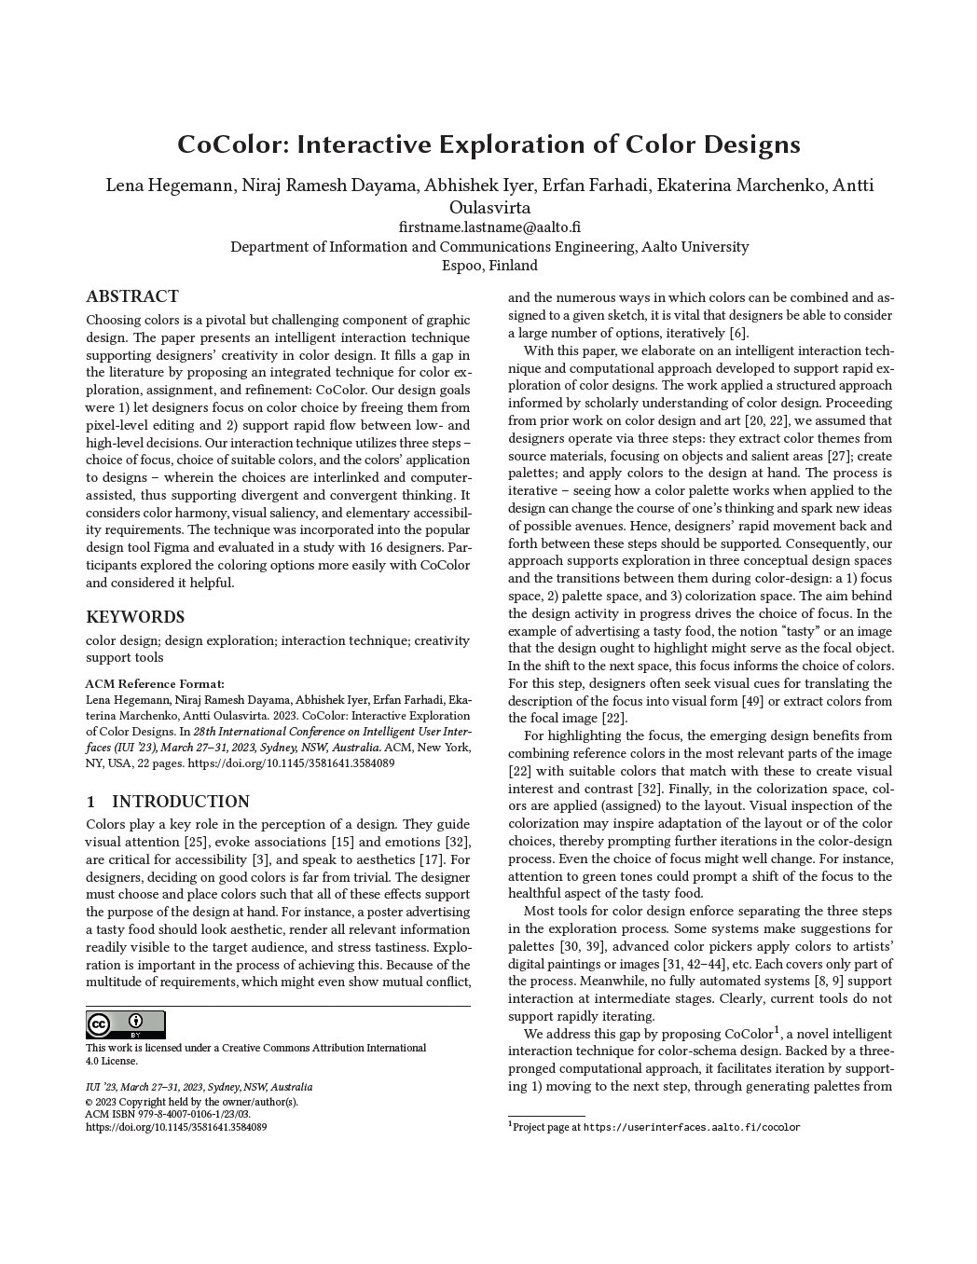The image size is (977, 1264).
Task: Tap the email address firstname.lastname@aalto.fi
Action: tap(489, 227)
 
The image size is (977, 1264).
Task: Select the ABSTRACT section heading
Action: tap(132, 297)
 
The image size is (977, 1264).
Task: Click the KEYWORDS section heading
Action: tap(135, 617)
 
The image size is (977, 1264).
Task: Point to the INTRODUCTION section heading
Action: tap(180, 802)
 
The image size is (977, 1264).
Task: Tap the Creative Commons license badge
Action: tap(125, 1024)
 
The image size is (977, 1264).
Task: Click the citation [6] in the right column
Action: tap(737, 334)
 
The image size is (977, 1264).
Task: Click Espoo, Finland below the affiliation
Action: tap(489, 266)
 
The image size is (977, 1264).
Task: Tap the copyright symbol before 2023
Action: tap(89, 1101)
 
